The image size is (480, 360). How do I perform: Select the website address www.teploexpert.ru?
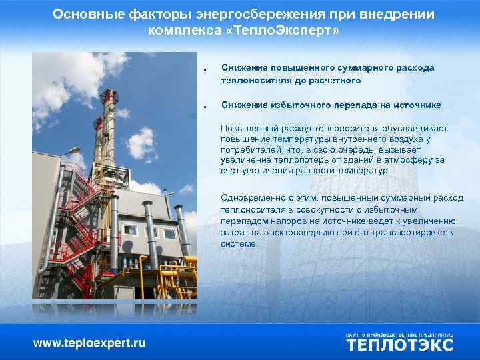pyautogui.click(x=89, y=343)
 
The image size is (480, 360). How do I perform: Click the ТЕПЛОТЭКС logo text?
pyautogui.click(x=399, y=345)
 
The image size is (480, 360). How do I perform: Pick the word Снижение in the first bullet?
pyautogui.click(x=243, y=68)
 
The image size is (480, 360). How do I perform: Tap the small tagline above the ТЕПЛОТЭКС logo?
pyautogui.click(x=399, y=333)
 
